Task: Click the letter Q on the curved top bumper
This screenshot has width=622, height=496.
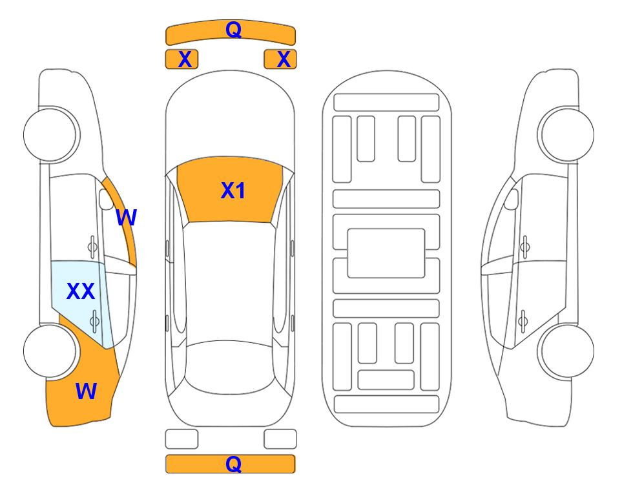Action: pyautogui.click(x=233, y=29)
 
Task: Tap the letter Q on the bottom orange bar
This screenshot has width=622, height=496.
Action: pyautogui.click(x=233, y=464)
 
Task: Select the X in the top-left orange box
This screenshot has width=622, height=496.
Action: pyautogui.click(x=185, y=59)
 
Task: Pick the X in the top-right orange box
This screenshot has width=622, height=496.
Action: pyautogui.click(x=284, y=59)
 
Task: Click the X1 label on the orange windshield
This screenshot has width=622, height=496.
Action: pyautogui.click(x=233, y=191)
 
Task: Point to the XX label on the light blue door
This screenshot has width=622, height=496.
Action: pyautogui.click(x=81, y=291)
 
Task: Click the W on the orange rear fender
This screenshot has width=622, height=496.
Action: pyautogui.click(x=86, y=391)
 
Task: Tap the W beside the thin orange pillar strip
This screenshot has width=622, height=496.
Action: pyautogui.click(x=126, y=218)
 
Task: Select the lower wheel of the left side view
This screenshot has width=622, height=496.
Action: pyautogui.click(x=50, y=351)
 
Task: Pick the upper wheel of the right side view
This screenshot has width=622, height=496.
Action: pyautogui.click(x=567, y=135)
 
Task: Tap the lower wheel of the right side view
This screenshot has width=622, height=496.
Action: pyautogui.click(x=567, y=351)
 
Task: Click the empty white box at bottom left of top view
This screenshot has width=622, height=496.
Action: pyautogui.click(x=181, y=439)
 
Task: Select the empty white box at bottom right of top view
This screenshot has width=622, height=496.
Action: pyautogui.click(x=280, y=439)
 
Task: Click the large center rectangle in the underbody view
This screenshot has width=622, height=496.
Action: pyautogui.click(x=386, y=253)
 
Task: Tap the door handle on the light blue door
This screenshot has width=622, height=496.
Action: pyautogui.click(x=94, y=321)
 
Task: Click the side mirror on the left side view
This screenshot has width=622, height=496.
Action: pyautogui.click(x=106, y=199)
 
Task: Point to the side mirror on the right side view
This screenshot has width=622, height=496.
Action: pyautogui.click(x=512, y=199)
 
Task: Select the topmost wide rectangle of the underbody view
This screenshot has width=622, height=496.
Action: pyautogui.click(x=386, y=103)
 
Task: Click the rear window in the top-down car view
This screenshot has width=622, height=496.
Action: pyautogui.click(x=230, y=367)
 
